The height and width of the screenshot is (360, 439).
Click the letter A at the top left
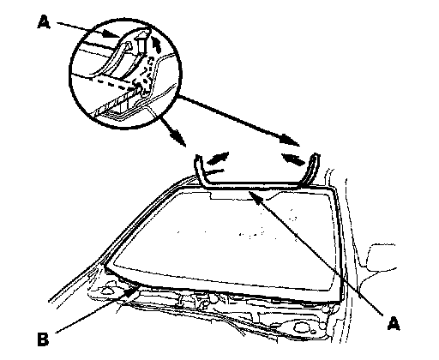(44, 22)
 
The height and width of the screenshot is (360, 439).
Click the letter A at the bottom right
(394, 324)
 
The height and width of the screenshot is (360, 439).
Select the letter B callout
(43, 339)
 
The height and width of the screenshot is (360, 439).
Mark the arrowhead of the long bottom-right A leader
(255, 196)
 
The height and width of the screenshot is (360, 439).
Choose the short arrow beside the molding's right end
(292, 159)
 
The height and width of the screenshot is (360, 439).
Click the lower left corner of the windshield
(105, 267)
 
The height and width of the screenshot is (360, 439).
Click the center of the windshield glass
(226, 237)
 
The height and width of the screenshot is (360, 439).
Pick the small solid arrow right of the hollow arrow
(155, 43)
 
